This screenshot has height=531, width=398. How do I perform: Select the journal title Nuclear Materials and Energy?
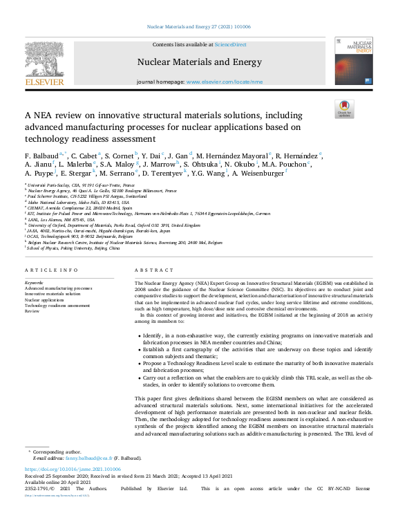coord(200,62)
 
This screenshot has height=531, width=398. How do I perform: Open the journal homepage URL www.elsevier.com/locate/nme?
coord(225,81)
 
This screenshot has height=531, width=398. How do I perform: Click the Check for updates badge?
coord(343,109)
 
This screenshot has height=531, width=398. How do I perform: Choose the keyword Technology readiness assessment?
coord(57,306)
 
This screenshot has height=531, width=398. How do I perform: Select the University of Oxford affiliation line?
coord(114,225)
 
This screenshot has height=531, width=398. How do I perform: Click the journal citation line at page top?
coord(198,28)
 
